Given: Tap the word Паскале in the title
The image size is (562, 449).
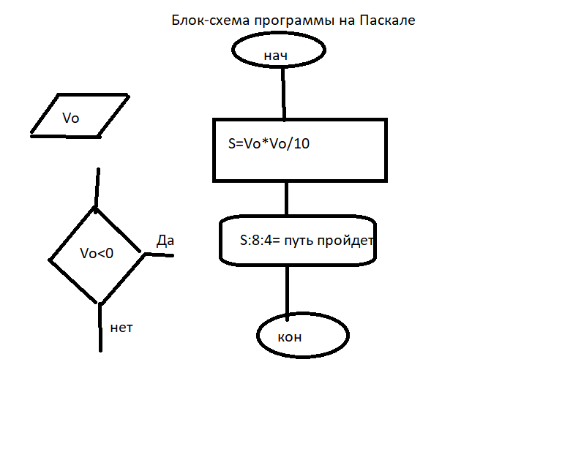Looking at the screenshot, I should [387, 20].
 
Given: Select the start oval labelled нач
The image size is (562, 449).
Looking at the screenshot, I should [279, 51].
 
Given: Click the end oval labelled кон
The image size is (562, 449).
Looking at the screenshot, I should [303, 336].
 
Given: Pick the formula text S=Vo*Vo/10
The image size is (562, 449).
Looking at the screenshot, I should [269, 144].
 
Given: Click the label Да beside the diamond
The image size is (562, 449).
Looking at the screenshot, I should [165, 241].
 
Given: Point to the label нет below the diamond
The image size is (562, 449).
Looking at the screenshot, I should [121, 328].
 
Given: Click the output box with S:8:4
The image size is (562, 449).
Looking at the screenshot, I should [297, 253].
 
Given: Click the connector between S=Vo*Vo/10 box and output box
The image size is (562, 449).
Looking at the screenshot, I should [286, 198].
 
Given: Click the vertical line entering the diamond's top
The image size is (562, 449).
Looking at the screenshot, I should [97, 188].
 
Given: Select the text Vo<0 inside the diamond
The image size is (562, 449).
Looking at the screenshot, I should [97, 253].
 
